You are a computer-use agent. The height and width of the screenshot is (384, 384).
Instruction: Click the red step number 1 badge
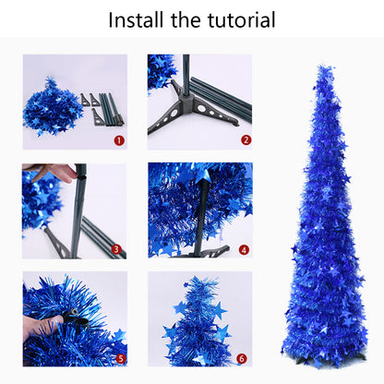pyautogui.click(x=118, y=140)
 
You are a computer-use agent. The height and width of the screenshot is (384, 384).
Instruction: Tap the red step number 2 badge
pyautogui.click(x=246, y=140)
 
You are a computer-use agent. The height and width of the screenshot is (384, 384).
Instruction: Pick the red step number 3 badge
pyautogui.click(x=118, y=249)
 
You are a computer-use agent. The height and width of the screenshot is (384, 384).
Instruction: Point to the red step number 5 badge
pyautogui.click(x=118, y=358)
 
